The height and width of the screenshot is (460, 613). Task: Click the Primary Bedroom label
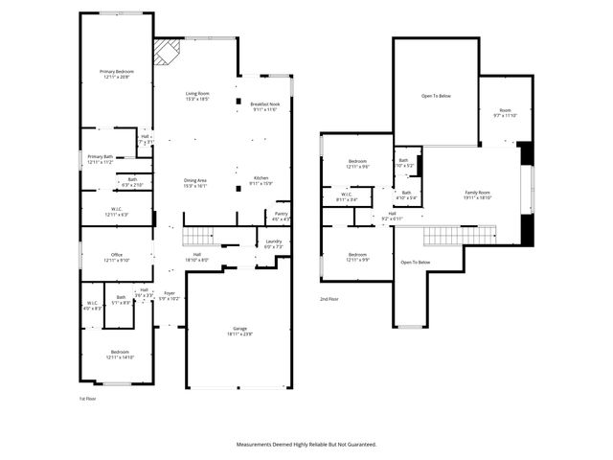pyautogui.click(x=117, y=73)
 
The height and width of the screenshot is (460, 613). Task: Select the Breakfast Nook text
pyautogui.click(x=264, y=104)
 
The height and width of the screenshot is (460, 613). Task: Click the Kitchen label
pyautogui.click(x=261, y=179)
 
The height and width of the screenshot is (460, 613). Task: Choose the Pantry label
pyautogui.click(x=281, y=215)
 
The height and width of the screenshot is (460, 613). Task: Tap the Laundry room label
pyautogui.click(x=273, y=242)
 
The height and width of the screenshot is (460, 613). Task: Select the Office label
pyautogui.click(x=117, y=256)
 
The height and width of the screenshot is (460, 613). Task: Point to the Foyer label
pyautogui.click(x=169, y=294)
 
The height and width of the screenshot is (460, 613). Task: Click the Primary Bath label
pyautogui.click(x=101, y=158)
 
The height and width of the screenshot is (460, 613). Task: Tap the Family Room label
pyautogui.click(x=477, y=194)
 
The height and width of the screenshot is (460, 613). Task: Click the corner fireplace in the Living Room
pyautogui.click(x=167, y=51)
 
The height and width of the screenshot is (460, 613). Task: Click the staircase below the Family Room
pyautogui.click(x=460, y=235)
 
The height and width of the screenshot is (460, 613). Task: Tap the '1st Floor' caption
pyautogui.click(x=87, y=398)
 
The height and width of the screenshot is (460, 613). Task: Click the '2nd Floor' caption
pyautogui.click(x=329, y=299)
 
